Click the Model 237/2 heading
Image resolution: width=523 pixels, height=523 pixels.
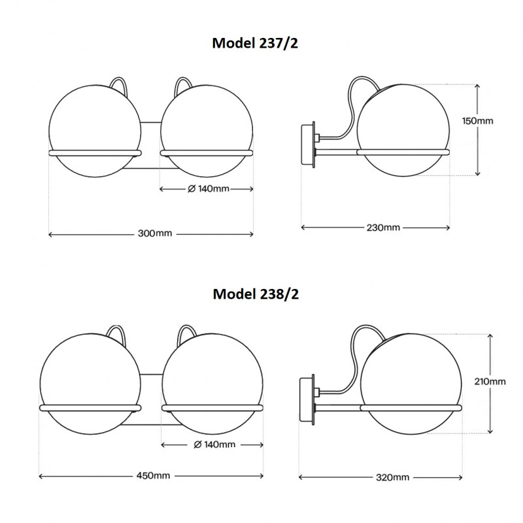click(x=256, y=42)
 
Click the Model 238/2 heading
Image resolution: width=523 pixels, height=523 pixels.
click(x=256, y=294)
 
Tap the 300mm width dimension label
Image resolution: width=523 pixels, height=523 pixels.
click(x=151, y=233)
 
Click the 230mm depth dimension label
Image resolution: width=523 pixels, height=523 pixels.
click(x=382, y=228)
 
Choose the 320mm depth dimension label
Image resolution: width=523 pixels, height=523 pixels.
click(x=393, y=477)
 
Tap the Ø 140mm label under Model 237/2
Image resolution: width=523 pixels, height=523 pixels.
click(x=208, y=189)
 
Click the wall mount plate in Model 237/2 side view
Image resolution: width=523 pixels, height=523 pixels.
click(x=307, y=145)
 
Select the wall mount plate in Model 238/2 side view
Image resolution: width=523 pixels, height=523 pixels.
click(x=306, y=398)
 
